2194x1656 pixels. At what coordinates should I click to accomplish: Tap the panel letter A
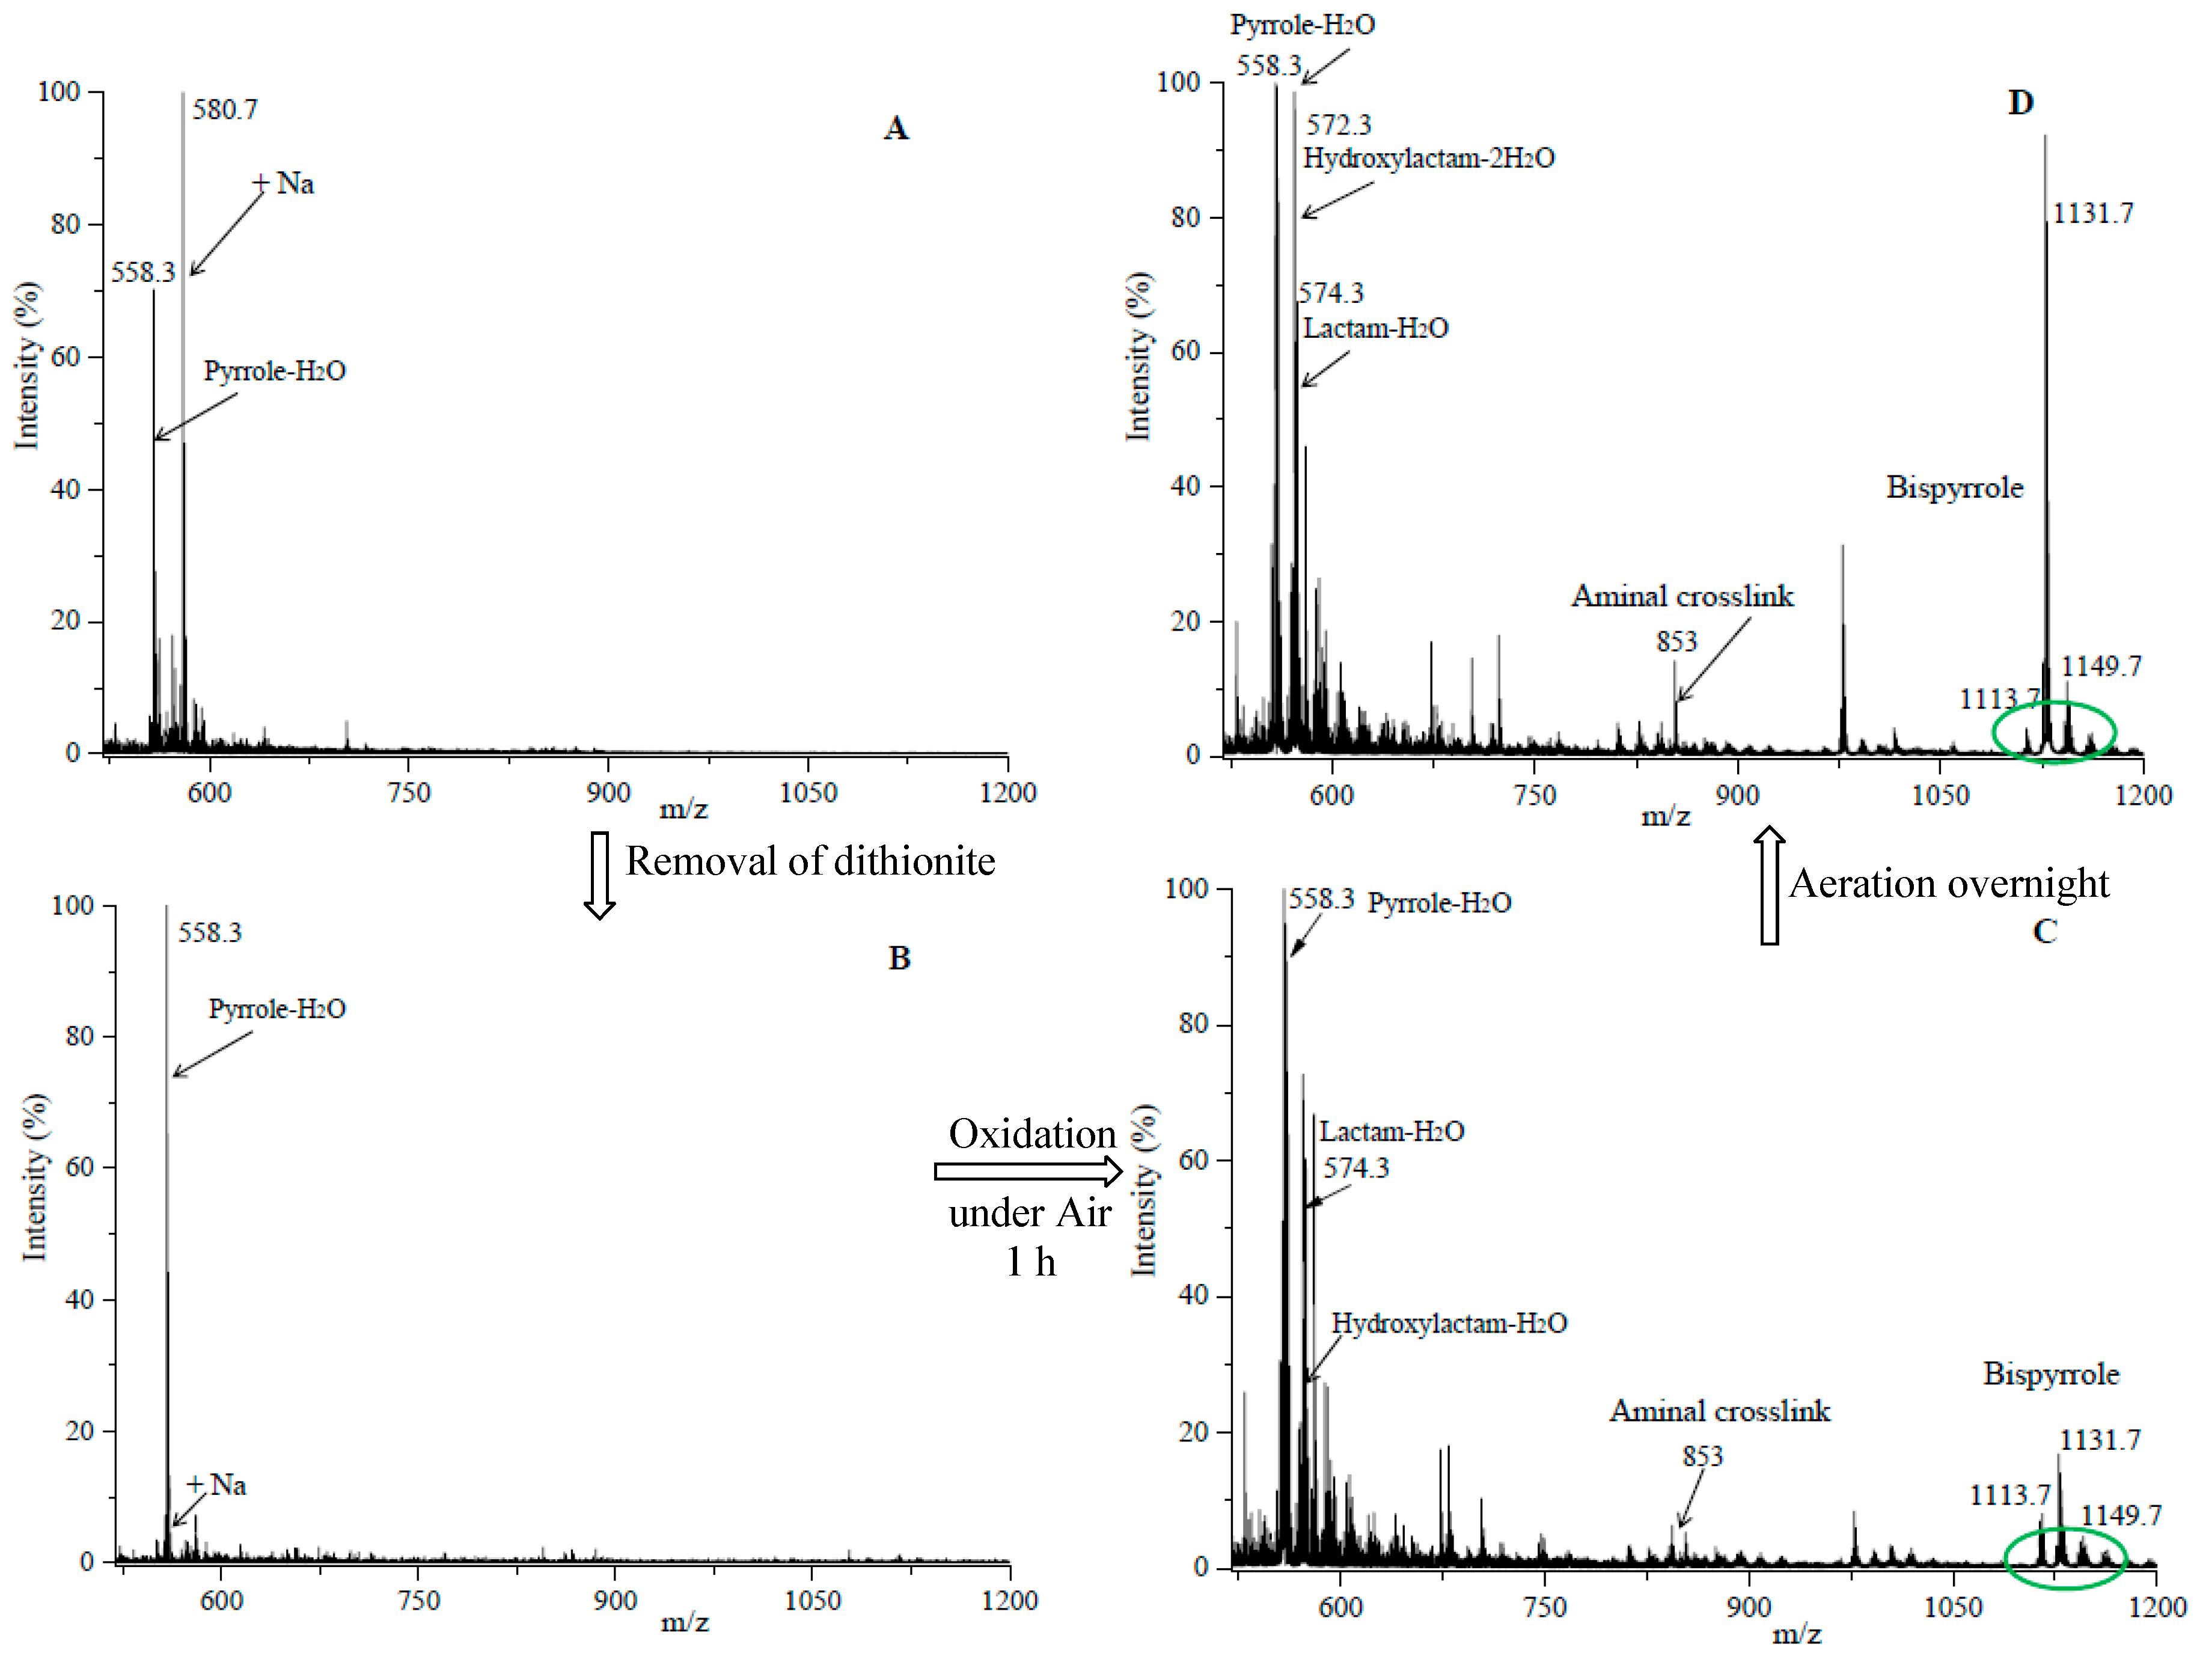[x=896, y=128]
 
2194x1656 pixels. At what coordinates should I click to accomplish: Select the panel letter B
[x=899, y=958]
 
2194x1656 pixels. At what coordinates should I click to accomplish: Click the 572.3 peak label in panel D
[x=1338, y=125]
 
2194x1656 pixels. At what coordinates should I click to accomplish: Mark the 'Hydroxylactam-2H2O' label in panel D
[x=1428, y=157]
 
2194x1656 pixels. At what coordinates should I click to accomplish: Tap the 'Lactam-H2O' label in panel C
[x=1392, y=1131]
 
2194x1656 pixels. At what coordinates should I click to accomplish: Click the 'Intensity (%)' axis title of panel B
[x=35, y=1177]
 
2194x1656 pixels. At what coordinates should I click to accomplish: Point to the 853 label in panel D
[x=1676, y=641]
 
